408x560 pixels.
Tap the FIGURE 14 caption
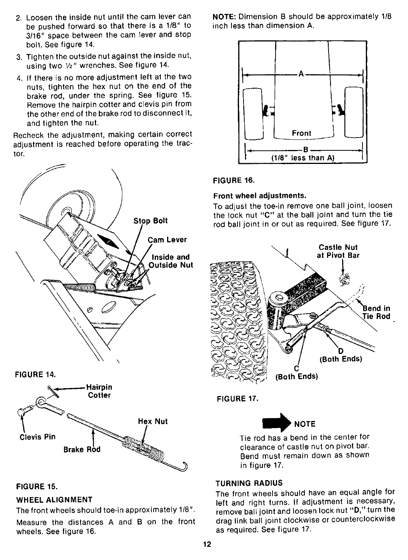click(35, 374)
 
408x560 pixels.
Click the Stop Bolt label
click(151, 221)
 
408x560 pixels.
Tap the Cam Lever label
click(167, 240)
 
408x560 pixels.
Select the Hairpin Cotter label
click(99, 391)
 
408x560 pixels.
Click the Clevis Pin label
click(37, 437)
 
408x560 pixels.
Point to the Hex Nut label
click(153, 421)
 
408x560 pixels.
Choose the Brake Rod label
click(82, 450)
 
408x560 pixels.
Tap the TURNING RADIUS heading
click(249, 483)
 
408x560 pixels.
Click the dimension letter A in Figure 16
click(301, 74)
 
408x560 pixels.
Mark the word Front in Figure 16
click(302, 133)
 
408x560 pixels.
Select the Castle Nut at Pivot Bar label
click(338, 251)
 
